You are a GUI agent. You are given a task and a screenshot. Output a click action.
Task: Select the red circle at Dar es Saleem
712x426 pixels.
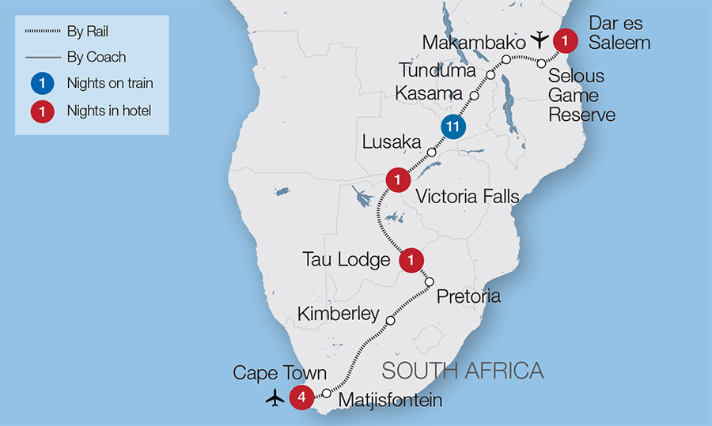565,38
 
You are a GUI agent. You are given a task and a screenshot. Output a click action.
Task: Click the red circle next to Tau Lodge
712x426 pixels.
411,259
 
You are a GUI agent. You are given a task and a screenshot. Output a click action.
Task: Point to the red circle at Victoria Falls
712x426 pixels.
397,180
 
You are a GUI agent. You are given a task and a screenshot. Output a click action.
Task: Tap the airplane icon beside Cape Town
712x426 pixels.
275,398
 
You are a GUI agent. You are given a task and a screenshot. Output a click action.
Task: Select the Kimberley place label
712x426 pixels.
339,314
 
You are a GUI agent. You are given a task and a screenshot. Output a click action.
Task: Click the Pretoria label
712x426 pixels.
468,296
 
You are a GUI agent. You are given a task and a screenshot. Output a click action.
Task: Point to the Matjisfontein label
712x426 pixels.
390,401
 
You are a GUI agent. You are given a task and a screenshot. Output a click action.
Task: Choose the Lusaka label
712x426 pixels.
391,142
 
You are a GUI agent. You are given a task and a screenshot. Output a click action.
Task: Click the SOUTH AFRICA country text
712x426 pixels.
463,370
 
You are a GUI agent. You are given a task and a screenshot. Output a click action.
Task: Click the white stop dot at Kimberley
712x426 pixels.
389,321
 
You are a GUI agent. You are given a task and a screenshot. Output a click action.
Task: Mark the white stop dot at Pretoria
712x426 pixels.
430,282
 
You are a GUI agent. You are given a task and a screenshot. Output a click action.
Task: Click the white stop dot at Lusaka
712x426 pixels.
431,153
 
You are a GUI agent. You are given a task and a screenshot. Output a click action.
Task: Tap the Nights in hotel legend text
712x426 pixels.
109,111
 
